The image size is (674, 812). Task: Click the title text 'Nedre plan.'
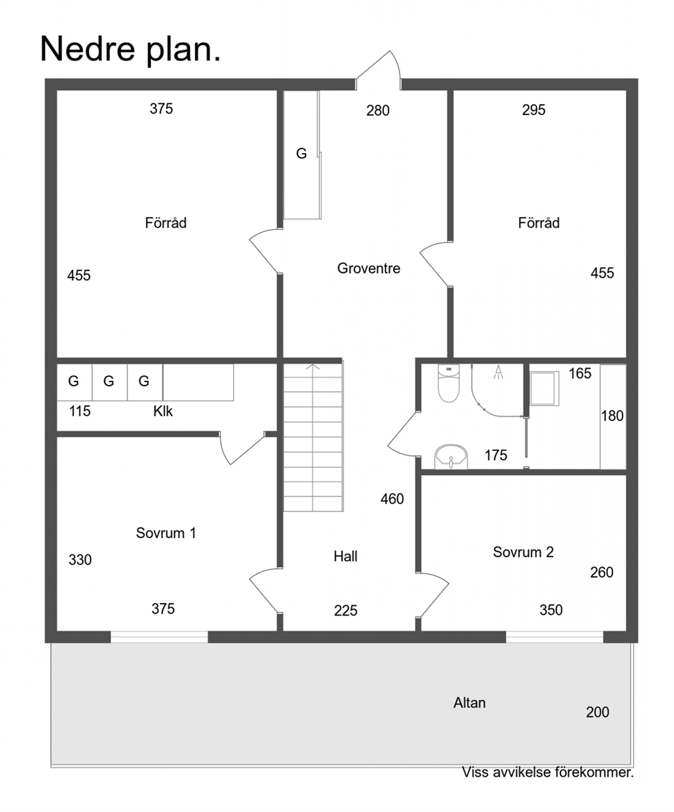coord(130,49)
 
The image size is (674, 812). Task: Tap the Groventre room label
coord(369,268)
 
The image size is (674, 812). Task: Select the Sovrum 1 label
coord(166,533)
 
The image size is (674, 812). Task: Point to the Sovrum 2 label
coord(523,552)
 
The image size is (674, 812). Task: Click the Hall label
coord(346,556)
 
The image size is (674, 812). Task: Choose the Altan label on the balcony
coord(469,703)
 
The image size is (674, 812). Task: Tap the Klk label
coord(163,411)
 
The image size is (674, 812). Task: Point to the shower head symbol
coord(498,373)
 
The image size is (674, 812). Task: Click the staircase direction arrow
coord(313,367)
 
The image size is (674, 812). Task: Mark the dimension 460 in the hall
coord(392,498)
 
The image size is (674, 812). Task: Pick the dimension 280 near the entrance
coord(378,110)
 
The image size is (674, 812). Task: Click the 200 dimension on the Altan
coord(597,712)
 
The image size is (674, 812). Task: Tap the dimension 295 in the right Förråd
coord(534,109)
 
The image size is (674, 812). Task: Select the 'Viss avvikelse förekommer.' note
coord(548,773)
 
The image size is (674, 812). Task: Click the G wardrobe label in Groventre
coord(302,153)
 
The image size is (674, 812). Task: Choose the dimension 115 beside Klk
coord(79,411)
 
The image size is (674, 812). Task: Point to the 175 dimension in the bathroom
coord(495,455)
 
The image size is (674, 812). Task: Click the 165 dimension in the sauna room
coord(580,373)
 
